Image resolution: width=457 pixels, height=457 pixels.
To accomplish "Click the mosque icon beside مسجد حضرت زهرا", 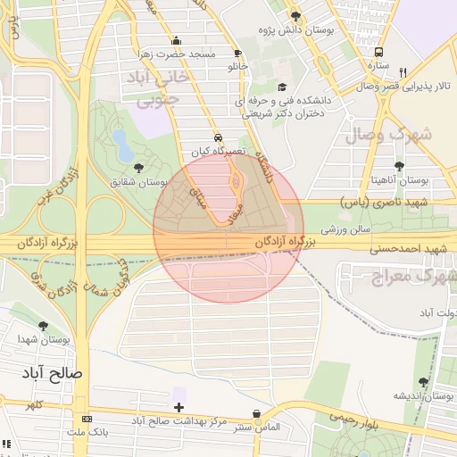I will pyautogui.click(x=177, y=40).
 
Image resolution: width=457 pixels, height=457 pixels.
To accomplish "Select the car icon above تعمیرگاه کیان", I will pyautogui.click(x=207, y=137).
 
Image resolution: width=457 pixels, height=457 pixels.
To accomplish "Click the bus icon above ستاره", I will pyautogui.click(x=379, y=53).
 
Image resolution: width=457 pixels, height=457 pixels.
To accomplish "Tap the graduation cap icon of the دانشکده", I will pyautogui.click(x=283, y=87).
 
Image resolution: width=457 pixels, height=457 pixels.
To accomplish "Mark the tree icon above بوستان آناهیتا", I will pyautogui.click(x=399, y=166).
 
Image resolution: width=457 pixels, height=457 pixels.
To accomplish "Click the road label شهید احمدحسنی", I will pyautogui.click(x=408, y=247).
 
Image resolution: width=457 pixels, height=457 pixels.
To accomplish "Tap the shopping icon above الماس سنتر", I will pyautogui.click(x=258, y=413).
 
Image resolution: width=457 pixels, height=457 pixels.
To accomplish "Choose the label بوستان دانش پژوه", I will pyautogui.click(x=295, y=30).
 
